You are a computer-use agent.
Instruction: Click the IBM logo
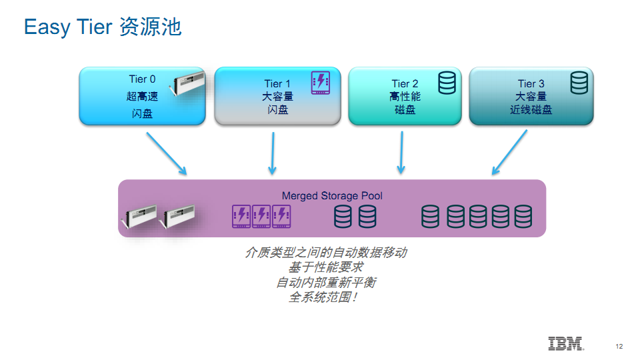(x=566, y=344)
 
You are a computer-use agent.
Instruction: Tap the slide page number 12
(x=619, y=347)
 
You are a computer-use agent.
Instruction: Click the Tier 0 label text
(x=142, y=79)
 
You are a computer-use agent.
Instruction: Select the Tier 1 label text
(x=277, y=84)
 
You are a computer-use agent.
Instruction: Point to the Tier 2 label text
(x=405, y=84)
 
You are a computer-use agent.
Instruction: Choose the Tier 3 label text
(x=531, y=84)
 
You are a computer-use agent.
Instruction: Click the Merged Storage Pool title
(x=332, y=196)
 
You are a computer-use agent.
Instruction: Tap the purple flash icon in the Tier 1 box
(x=321, y=83)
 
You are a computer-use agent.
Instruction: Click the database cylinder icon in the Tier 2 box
(x=447, y=83)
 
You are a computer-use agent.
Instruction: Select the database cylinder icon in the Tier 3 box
(x=579, y=83)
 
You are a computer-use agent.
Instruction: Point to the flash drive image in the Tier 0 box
(x=187, y=83)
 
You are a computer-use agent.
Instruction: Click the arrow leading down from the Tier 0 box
(x=167, y=153)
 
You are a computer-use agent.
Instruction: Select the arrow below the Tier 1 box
(x=273, y=153)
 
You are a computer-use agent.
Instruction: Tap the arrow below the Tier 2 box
(x=401, y=153)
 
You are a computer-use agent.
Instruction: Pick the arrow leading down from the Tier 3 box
(x=509, y=152)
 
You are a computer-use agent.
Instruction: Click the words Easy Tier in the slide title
(x=68, y=27)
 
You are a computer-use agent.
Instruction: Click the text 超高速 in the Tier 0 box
(x=142, y=96)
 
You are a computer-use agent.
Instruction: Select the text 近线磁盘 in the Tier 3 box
(x=531, y=109)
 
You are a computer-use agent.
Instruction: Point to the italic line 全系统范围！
(x=323, y=297)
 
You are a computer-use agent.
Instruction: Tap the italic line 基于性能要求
(x=326, y=267)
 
